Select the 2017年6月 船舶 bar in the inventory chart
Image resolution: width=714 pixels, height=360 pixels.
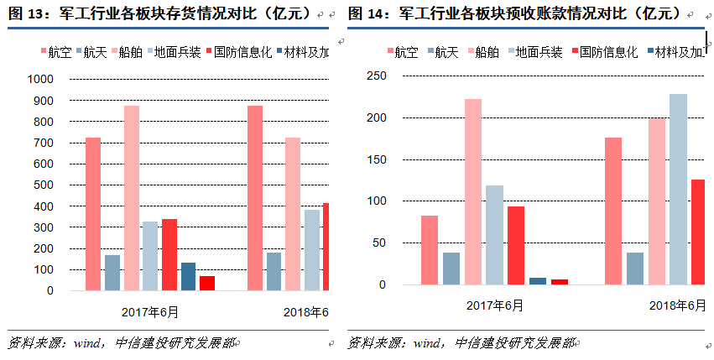click(x=132, y=198)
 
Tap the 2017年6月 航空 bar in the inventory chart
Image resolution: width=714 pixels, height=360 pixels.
click(x=93, y=214)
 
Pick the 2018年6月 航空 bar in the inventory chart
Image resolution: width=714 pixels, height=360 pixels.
click(x=254, y=198)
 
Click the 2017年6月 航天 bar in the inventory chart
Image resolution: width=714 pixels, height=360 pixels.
click(x=112, y=273)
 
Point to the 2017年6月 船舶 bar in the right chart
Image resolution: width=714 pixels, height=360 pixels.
click(x=473, y=192)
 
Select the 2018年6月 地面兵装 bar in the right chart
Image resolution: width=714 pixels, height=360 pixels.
click(x=678, y=190)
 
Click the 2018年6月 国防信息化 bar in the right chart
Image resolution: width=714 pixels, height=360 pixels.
click(x=697, y=232)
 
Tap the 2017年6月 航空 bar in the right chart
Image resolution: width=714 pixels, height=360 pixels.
click(x=430, y=250)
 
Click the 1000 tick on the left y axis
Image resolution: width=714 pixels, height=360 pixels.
click(x=41, y=80)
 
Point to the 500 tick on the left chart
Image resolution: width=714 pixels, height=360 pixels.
click(x=44, y=185)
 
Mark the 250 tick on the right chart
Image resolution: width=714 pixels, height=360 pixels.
click(x=377, y=76)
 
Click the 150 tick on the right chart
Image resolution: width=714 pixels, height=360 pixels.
click(x=377, y=159)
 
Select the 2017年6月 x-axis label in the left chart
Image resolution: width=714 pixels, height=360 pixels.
click(x=150, y=312)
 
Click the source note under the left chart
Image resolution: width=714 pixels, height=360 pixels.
click(x=122, y=342)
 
